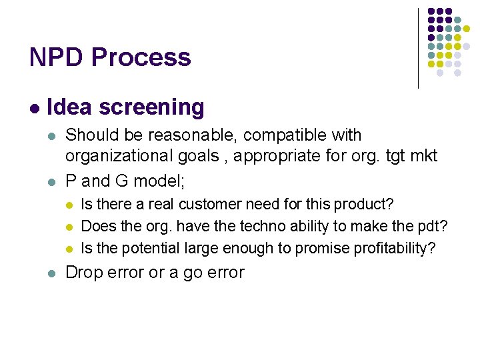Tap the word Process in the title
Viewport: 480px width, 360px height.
pos(141,57)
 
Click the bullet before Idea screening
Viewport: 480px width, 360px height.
pos(33,107)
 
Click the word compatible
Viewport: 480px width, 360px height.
pos(285,135)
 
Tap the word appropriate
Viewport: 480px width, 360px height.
pos(295,156)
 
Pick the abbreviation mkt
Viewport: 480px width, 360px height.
pos(423,156)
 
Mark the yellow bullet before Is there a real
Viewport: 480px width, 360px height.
pos(69,205)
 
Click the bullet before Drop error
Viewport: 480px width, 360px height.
pos(52,273)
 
